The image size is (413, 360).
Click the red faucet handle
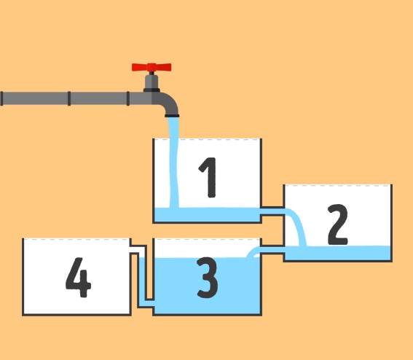152,67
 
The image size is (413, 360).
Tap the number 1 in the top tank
208,177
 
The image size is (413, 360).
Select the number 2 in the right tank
338,224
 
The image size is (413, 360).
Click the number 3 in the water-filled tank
208,278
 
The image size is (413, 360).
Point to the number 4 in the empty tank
78,277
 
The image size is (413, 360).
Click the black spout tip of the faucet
172,116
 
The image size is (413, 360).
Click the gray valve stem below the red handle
152,82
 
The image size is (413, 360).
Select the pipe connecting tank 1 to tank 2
272,211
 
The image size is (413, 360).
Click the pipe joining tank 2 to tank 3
272,249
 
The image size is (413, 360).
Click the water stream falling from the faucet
174,163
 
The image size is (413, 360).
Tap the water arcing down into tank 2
298,226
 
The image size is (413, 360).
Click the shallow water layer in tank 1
207,214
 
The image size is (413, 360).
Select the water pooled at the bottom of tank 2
338,253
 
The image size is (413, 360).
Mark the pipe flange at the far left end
1,98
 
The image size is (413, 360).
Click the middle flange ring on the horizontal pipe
69,98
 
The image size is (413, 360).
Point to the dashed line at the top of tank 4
76,239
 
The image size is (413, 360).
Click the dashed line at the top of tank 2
338,186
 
